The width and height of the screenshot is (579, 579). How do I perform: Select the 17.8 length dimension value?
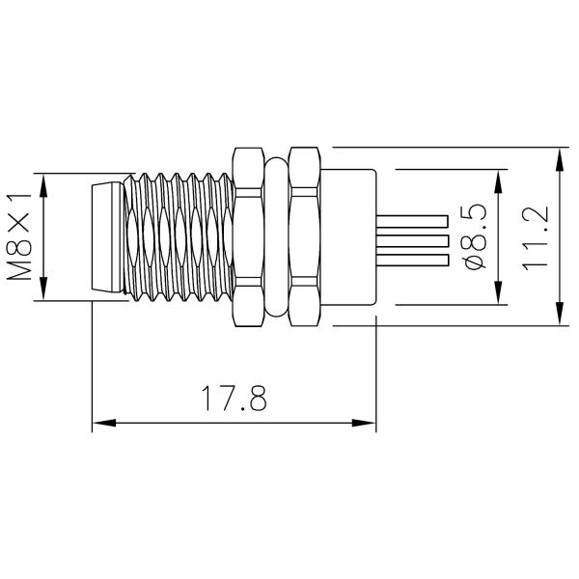(x=234, y=399)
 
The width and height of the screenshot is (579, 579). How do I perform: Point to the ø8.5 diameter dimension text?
(x=474, y=237)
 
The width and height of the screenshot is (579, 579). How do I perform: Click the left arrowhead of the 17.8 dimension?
(x=98, y=422)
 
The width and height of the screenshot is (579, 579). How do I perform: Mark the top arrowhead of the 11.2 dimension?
(x=560, y=155)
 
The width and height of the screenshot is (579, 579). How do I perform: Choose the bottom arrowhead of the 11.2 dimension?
(x=560, y=319)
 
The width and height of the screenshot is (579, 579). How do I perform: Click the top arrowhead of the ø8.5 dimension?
(x=498, y=179)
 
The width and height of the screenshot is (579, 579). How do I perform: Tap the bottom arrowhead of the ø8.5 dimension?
(x=498, y=296)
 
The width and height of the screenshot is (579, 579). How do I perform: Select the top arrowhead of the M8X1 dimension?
(x=44, y=180)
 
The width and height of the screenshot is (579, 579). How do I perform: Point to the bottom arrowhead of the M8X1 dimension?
(x=44, y=293)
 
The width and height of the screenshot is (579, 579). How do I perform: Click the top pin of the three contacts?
(x=413, y=220)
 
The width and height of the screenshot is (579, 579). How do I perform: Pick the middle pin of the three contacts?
(x=413, y=239)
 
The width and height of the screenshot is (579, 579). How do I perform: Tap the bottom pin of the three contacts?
(x=413, y=259)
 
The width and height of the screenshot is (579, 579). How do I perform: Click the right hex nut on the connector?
(x=304, y=236)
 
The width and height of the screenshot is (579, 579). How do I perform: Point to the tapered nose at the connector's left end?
(x=108, y=236)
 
